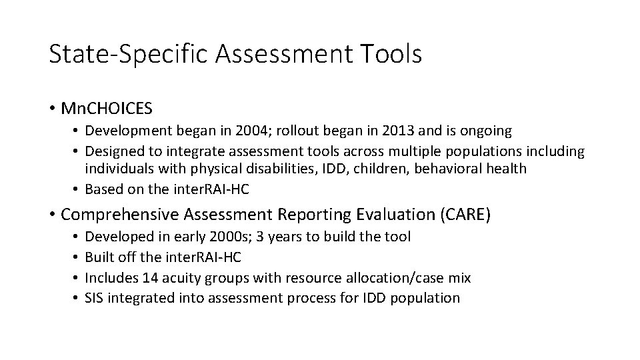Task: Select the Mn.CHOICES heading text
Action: click(107, 107)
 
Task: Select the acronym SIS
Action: click(97, 298)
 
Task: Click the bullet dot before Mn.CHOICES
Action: click(53, 108)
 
